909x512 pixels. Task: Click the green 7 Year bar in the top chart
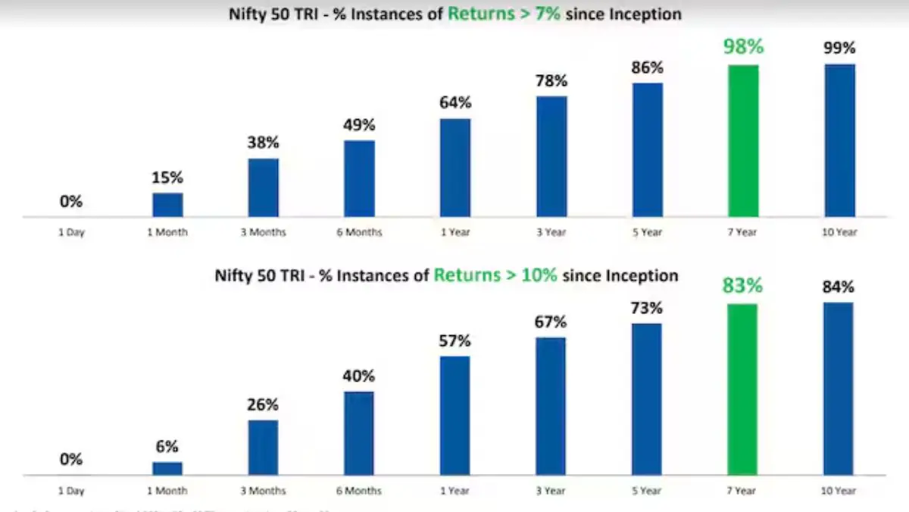tap(743, 141)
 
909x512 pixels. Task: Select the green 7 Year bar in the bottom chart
tap(742, 390)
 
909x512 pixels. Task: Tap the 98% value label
tap(743, 47)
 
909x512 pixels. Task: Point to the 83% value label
tap(742, 287)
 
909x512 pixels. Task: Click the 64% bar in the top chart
tap(455, 168)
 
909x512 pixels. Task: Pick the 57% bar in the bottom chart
tap(455, 416)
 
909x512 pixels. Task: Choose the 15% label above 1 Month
tap(167, 177)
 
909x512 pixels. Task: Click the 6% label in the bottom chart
tap(167, 448)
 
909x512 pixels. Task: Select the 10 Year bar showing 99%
tap(839, 141)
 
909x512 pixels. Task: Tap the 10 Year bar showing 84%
tap(839, 389)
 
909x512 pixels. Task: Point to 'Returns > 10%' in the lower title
tap(495, 275)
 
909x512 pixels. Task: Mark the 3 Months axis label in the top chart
tap(264, 233)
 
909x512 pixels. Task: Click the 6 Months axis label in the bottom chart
tap(359, 492)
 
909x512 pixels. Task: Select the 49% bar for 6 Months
tap(359, 179)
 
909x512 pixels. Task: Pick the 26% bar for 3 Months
tap(263, 448)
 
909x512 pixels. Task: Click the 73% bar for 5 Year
tap(647, 400)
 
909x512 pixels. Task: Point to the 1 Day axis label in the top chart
tap(71, 233)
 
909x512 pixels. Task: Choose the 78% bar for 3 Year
tap(551, 157)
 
